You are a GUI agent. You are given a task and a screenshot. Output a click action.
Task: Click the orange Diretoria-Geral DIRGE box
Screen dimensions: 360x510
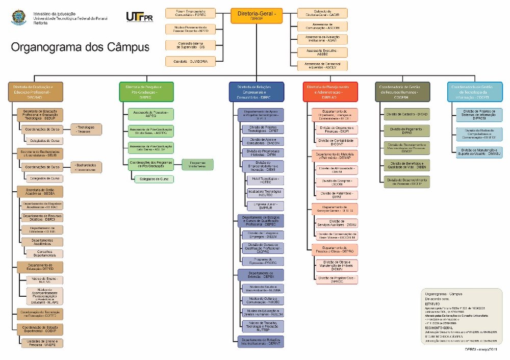(257, 16)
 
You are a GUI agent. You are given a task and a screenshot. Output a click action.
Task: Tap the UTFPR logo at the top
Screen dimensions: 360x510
(139, 17)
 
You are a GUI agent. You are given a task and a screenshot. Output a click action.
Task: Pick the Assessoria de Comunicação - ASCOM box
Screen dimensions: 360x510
(322, 28)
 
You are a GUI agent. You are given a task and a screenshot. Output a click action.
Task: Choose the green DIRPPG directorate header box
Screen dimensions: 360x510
(146, 92)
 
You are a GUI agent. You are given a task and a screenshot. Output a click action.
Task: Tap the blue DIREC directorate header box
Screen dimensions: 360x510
(257, 92)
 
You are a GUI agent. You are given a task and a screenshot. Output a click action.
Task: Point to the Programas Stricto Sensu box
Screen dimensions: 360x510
(197, 164)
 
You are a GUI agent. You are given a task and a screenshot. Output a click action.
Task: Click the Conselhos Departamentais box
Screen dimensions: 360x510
(45, 253)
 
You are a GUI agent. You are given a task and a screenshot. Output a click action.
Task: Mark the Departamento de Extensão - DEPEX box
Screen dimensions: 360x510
(261, 274)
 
